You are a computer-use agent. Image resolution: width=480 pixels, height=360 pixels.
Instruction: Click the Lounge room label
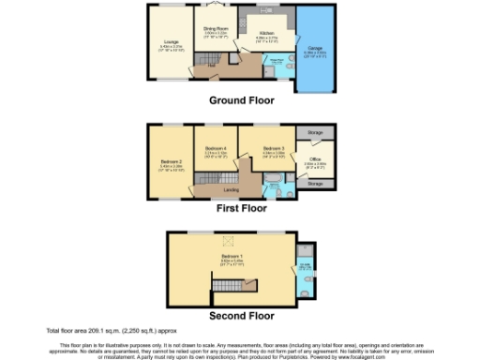(x=172, y=42)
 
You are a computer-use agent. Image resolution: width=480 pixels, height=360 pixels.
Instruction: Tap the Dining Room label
(x=217, y=29)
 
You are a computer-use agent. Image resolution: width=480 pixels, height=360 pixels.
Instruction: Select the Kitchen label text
(x=265, y=34)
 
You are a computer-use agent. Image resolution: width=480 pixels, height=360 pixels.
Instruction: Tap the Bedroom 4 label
(x=217, y=149)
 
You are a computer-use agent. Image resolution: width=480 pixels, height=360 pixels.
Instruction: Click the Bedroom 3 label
(x=272, y=149)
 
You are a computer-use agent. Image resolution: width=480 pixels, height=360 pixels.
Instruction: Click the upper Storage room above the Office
(x=315, y=134)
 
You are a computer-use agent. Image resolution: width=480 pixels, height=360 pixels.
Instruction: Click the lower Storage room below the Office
(x=315, y=184)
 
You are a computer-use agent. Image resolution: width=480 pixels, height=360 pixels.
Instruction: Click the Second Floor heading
(x=241, y=316)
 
